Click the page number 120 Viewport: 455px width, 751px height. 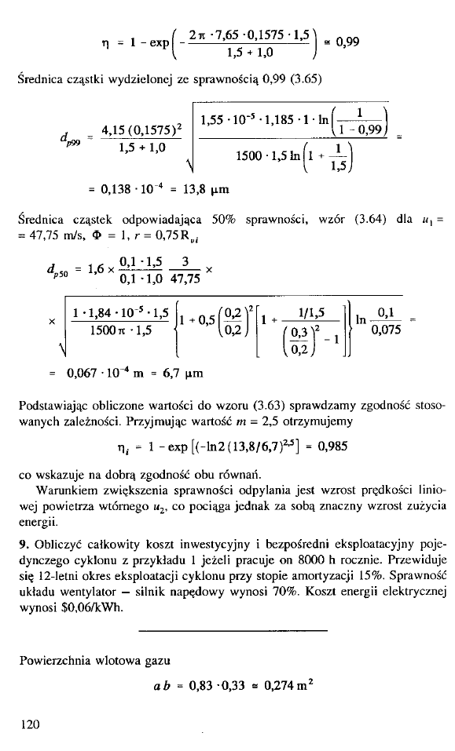pos(30,724)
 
